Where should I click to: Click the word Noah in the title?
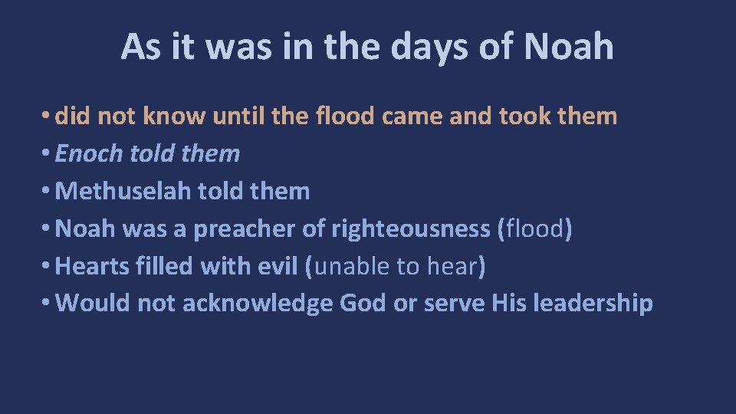coord(569,47)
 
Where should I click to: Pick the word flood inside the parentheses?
coord(534,228)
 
